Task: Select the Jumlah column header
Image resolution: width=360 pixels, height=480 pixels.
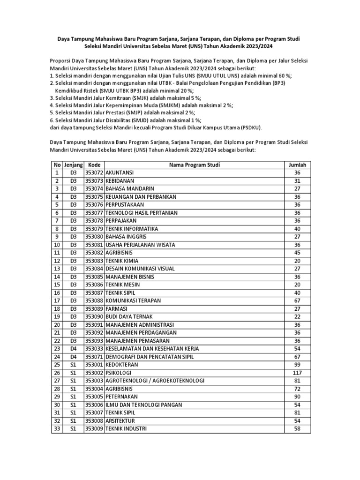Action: pyautogui.click(x=298, y=165)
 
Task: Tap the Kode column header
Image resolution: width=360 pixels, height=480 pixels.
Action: pyautogui.click(x=94, y=165)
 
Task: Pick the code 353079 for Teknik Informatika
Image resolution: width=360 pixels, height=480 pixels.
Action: pyautogui.click(x=94, y=229)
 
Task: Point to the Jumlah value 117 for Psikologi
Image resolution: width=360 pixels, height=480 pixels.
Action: pyautogui.click(x=298, y=373)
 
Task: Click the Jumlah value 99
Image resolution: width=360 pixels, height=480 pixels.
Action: pyautogui.click(x=298, y=365)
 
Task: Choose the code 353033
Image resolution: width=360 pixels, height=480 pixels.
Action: pyautogui.click(x=94, y=349)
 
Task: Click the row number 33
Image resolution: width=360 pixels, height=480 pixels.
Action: pyautogui.click(x=57, y=428)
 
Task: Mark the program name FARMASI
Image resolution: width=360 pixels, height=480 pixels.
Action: pyautogui.click(x=117, y=309)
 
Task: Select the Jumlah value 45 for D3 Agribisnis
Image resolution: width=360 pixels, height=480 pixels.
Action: pyautogui.click(x=298, y=253)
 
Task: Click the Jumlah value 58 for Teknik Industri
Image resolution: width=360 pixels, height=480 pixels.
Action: pyautogui.click(x=298, y=428)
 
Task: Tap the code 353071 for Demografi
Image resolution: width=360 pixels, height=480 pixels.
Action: pyautogui.click(x=94, y=357)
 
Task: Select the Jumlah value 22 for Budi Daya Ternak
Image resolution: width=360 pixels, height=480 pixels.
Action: pyautogui.click(x=298, y=317)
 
